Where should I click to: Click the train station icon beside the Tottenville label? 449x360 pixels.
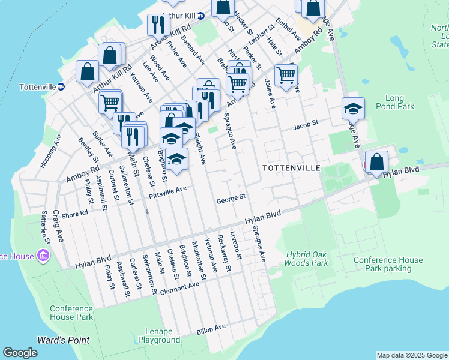[61, 87]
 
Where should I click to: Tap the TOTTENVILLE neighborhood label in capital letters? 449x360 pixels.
[289, 168]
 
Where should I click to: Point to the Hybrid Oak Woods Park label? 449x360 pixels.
[306, 259]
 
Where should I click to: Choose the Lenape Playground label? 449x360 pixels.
[159, 335]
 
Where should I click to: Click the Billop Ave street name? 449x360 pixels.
[211, 329]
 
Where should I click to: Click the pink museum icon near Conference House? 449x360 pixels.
[43, 257]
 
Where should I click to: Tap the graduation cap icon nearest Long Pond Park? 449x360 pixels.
[354, 109]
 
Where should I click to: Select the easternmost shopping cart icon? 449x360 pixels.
[286, 75]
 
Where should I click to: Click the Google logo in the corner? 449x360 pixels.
[20, 353]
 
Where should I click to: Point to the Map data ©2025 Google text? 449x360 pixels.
[412, 355]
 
